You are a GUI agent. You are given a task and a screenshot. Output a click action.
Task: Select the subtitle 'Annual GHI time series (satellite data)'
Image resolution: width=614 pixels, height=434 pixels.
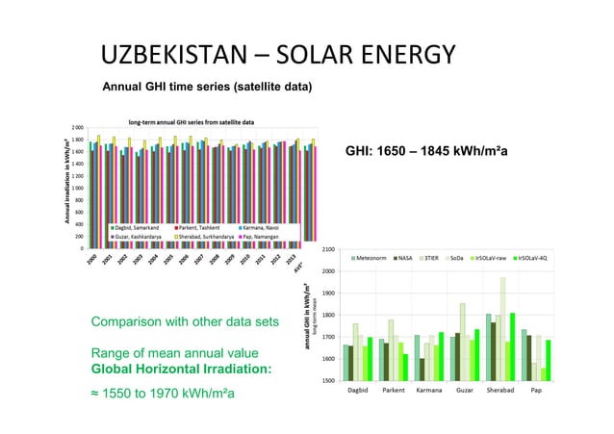click(x=206, y=88)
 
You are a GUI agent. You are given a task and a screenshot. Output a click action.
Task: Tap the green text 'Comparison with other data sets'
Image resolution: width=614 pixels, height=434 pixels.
click(x=184, y=320)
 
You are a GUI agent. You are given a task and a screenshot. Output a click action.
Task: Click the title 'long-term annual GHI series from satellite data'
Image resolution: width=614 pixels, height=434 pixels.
click(x=192, y=122)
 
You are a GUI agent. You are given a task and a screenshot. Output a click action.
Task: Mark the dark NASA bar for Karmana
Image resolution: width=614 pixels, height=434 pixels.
click(x=422, y=371)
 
